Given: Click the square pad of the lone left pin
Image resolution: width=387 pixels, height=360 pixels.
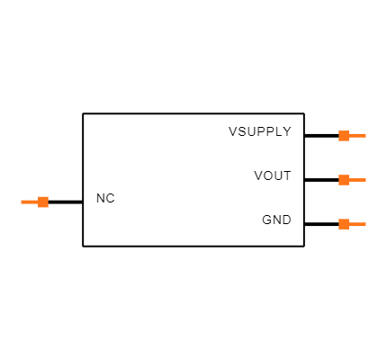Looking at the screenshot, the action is click(43, 202).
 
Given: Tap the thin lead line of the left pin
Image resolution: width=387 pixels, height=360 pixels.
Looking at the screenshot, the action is click(30, 202).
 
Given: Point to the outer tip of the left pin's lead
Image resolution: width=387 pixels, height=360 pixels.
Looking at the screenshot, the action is click(22, 202).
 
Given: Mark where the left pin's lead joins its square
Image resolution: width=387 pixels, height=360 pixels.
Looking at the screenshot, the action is click(38, 202).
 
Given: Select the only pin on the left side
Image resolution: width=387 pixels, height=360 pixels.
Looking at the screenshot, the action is click(35, 202).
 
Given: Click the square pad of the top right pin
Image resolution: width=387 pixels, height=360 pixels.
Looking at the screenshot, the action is click(344, 136).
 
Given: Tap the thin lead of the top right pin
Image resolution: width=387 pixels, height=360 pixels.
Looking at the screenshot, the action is click(357, 136).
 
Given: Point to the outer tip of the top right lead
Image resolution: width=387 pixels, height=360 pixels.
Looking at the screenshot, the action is click(365, 136).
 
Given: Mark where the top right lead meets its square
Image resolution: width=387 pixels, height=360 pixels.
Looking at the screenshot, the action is click(349, 136).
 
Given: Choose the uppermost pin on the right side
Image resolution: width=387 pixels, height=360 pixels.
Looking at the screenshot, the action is click(352, 136).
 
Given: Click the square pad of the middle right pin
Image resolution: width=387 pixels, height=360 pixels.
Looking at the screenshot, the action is click(344, 180).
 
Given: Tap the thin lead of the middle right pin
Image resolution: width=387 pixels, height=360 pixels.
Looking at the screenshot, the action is click(357, 180).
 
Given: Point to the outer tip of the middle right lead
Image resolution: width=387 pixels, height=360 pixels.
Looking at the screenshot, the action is click(365, 180).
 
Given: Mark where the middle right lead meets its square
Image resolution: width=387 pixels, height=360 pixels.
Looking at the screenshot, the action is click(349, 180).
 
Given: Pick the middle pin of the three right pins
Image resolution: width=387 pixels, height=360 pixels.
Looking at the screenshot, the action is click(352, 180).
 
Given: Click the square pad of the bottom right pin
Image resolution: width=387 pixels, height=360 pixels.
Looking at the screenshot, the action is click(344, 224).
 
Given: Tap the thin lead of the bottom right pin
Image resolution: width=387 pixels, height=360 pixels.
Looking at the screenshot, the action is click(357, 224).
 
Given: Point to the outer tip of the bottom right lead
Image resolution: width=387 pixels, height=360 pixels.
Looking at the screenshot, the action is click(365, 224).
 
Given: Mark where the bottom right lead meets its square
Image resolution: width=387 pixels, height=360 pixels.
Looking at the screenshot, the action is click(349, 224).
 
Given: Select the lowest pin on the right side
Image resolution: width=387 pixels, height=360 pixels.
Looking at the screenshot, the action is click(352, 224).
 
